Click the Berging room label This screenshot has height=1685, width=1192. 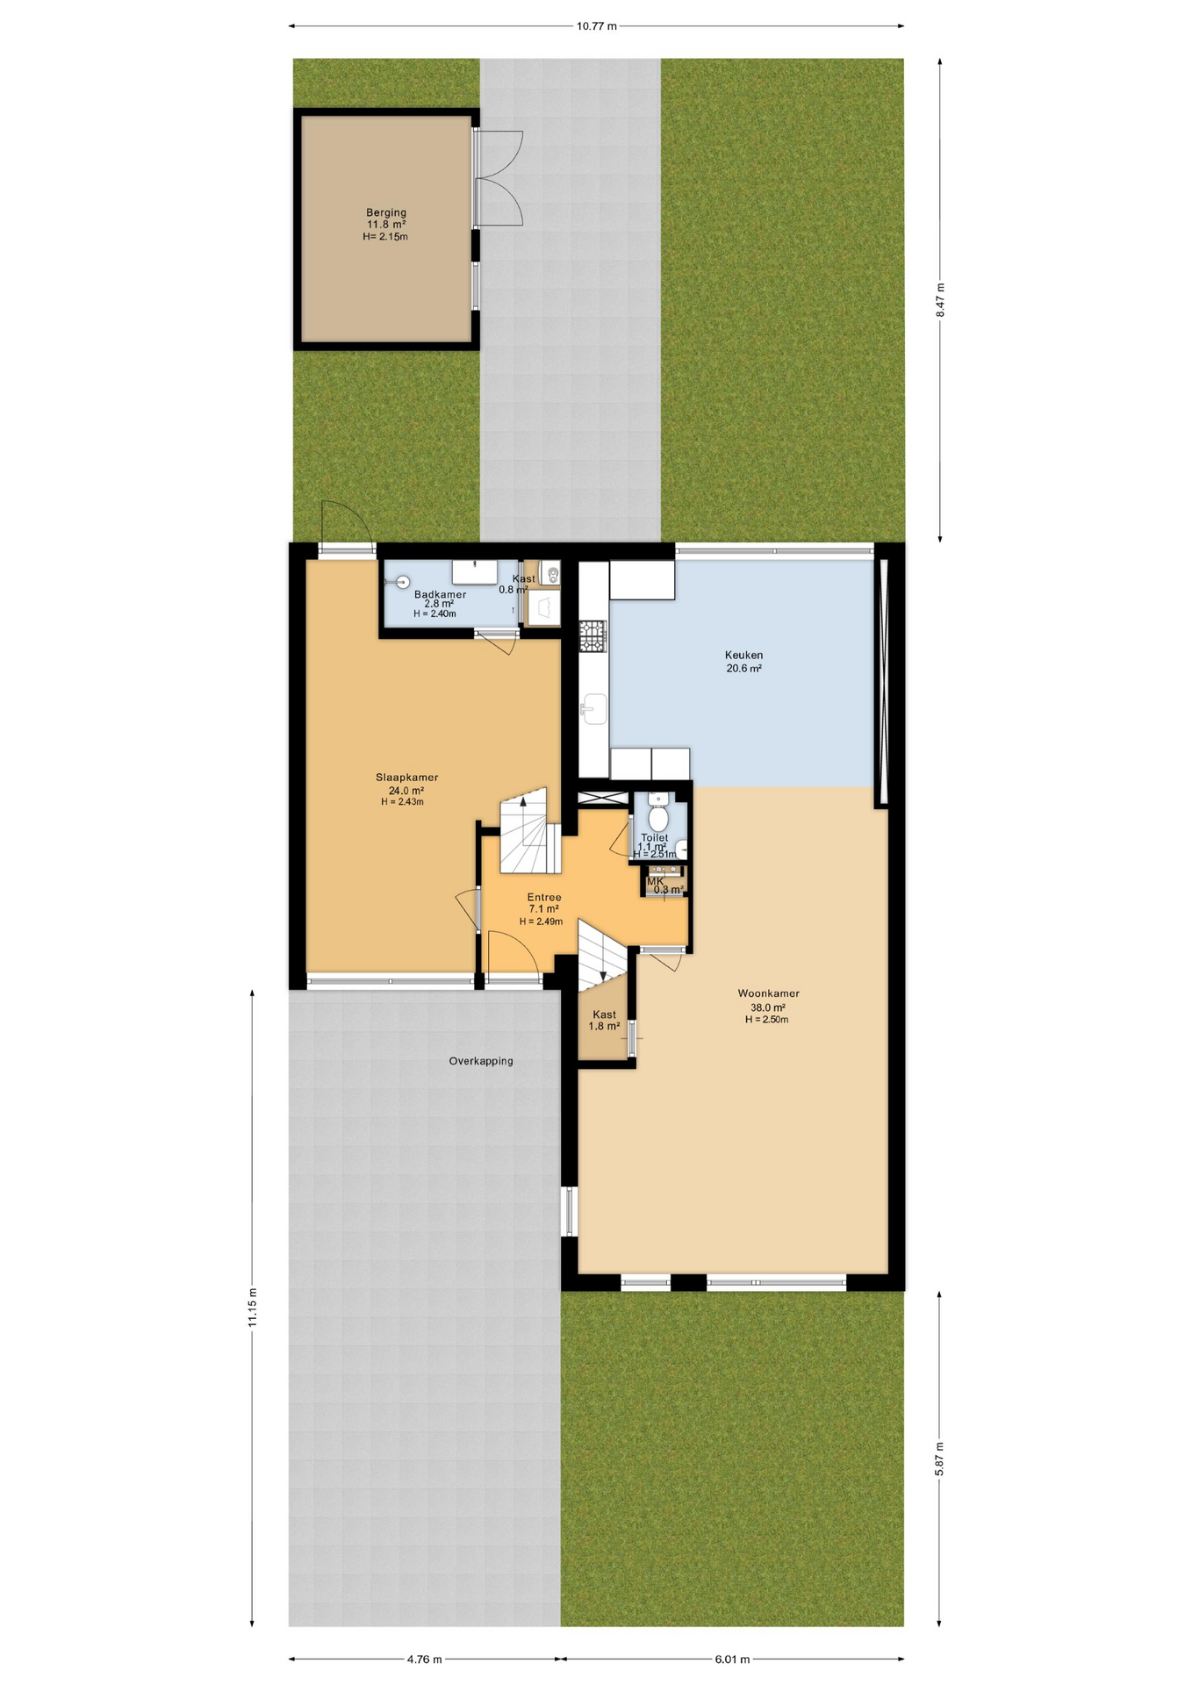coord(386,212)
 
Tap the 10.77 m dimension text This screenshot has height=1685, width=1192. coord(596,26)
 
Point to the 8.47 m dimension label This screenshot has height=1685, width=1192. coord(940,299)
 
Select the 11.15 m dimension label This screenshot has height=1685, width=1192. coord(253,1307)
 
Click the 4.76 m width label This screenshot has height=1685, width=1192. coord(424,1659)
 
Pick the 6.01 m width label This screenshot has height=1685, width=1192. coord(732,1659)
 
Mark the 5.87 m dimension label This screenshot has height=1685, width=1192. coord(940,1459)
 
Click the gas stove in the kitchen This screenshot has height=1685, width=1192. coord(592,635)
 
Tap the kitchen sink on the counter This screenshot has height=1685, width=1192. coord(594,708)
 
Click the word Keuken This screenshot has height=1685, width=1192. coord(743,655)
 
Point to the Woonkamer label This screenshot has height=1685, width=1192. coord(768,993)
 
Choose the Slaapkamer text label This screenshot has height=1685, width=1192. coord(406,778)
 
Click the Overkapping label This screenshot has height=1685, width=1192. coord(481,1061)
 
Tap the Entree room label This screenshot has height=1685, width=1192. coord(543,897)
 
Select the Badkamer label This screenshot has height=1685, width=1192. coord(440,594)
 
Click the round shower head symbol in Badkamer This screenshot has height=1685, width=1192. coord(403,581)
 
